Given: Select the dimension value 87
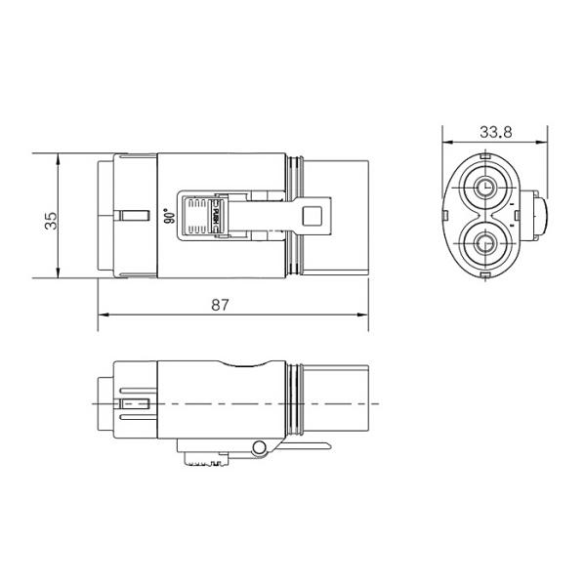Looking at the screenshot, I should pyautogui.click(x=220, y=304).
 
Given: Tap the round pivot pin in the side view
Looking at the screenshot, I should pyautogui.click(x=259, y=448).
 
